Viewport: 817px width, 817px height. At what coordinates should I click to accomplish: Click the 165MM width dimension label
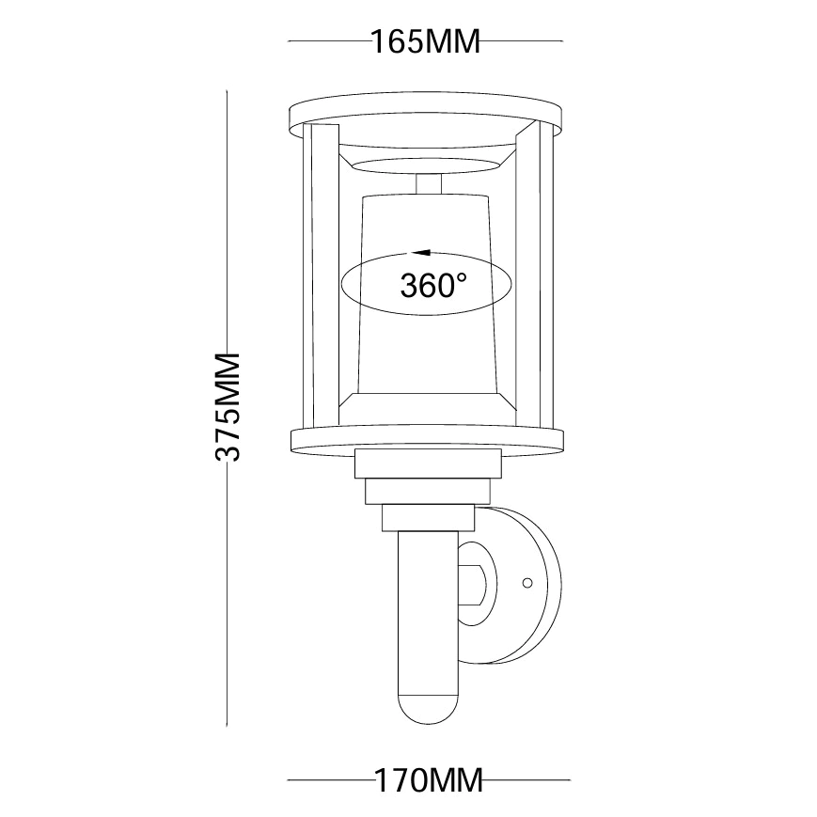[x=425, y=41]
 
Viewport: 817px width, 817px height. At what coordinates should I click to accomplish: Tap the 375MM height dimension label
[x=228, y=407]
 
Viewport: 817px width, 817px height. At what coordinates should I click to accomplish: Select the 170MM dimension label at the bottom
[x=429, y=780]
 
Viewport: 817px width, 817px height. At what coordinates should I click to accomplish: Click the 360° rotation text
[x=433, y=285]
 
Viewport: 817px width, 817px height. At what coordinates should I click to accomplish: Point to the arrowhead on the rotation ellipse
[x=421, y=253]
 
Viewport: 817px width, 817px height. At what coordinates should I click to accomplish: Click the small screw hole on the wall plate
[x=527, y=583]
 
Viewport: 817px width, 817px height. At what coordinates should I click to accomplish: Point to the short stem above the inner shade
[x=429, y=185]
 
